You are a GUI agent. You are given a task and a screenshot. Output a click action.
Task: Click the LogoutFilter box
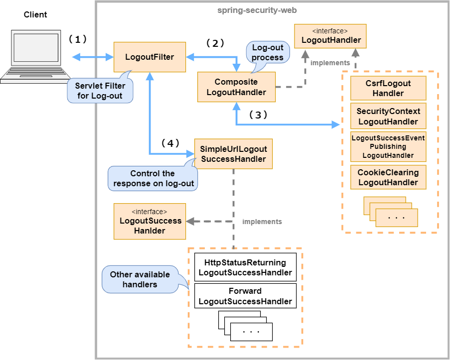point(150,57)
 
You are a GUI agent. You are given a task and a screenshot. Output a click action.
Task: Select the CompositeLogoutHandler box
point(236,87)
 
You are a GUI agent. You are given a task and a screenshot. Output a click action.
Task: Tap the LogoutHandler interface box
point(330,36)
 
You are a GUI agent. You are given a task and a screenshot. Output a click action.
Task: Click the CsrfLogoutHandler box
point(388,88)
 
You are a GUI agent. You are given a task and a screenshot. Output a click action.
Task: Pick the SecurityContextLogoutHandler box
point(388,117)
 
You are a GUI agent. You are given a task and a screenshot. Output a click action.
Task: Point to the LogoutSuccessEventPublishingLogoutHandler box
point(388,147)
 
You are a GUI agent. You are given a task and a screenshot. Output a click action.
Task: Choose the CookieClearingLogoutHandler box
point(388,177)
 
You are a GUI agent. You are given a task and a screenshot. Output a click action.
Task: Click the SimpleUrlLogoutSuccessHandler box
point(233,154)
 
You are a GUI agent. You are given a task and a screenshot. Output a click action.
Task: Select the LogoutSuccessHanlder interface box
point(150,221)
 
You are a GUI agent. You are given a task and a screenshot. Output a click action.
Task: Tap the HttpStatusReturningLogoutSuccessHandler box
point(245,267)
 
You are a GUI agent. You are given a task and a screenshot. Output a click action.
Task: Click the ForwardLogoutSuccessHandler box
point(245,296)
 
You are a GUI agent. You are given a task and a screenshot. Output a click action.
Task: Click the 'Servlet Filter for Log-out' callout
point(100,91)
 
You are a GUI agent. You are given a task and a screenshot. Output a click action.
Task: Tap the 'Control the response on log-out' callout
point(152,178)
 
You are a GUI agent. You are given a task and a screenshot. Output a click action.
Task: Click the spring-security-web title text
point(258,10)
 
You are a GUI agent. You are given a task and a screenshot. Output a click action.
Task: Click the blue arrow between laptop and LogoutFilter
point(93,57)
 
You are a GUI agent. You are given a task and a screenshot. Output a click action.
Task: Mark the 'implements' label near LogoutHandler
point(330,63)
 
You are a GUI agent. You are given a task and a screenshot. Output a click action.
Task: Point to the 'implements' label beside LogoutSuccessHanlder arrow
point(262,222)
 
